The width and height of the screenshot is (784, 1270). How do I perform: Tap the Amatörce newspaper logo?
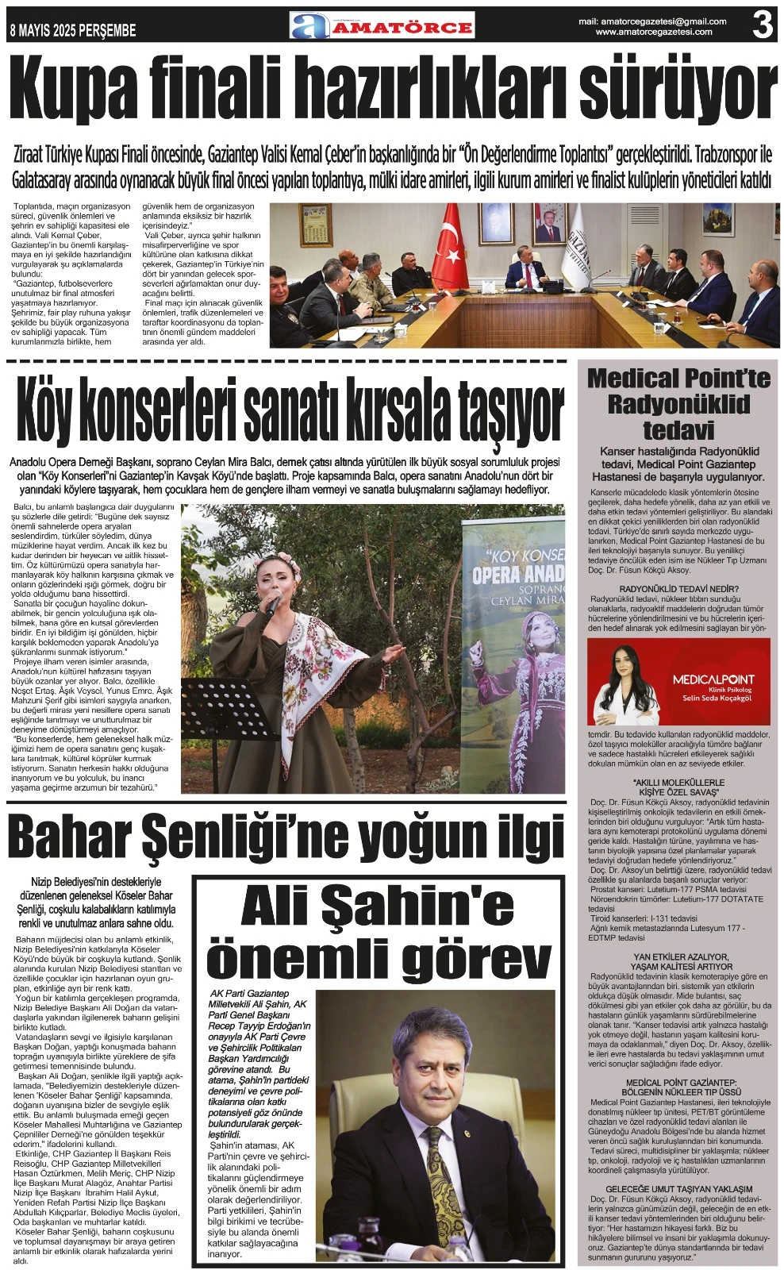tap(382, 26)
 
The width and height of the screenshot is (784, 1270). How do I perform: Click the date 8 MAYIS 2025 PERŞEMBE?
tap(72, 31)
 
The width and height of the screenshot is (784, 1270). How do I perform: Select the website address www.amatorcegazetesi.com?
tap(653, 33)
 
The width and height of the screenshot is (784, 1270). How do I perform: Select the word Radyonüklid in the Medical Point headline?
tap(678, 404)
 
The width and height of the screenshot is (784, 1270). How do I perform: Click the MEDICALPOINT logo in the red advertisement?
tap(713, 679)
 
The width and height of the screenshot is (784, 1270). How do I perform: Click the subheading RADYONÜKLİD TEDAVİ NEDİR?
tap(678, 588)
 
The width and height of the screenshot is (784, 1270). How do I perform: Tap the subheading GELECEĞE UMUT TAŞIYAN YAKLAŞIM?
tap(678, 1189)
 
